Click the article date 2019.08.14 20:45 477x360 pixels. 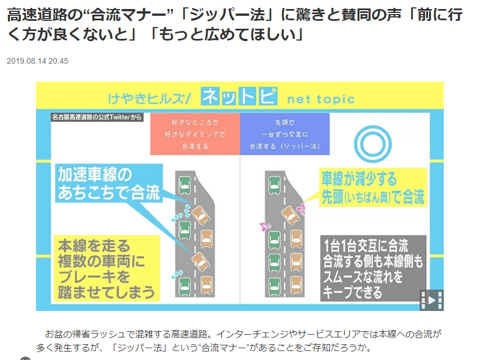tap(38, 61)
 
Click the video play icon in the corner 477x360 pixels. tap(431, 300)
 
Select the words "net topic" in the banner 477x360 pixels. tap(321, 100)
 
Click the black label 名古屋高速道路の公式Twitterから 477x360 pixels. tap(96, 117)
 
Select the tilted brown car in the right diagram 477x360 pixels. tap(288, 216)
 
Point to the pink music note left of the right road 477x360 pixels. tap(262, 227)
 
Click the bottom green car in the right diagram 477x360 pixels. tap(274, 285)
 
